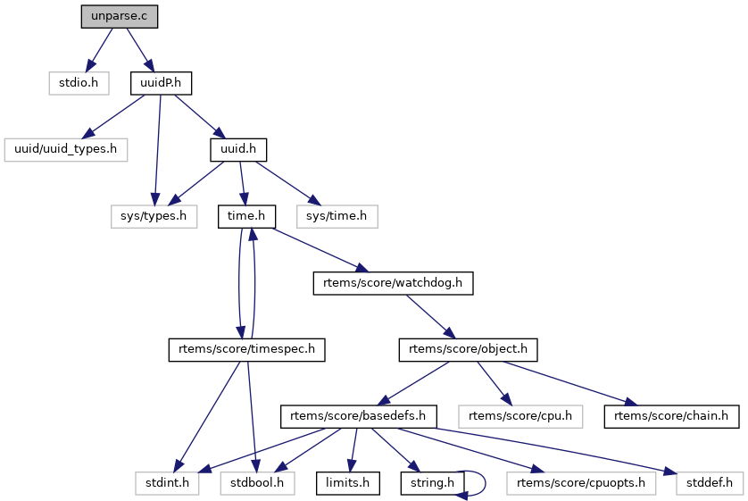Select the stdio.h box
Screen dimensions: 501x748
78,83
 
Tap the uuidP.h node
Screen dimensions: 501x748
162,83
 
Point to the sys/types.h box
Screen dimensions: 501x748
154,216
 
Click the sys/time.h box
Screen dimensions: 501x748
337,216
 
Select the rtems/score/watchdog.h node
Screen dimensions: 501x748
393,283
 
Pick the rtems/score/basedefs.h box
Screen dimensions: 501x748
358,416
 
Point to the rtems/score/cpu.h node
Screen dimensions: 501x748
519,416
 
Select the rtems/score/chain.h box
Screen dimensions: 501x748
671,416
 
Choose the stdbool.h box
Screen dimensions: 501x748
258,483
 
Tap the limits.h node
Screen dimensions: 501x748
347,483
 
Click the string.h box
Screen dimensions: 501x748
433,483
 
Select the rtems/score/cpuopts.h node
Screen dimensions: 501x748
581,483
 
